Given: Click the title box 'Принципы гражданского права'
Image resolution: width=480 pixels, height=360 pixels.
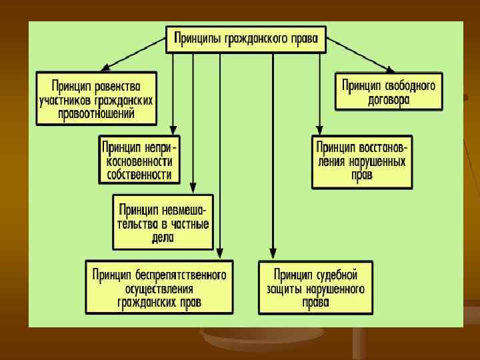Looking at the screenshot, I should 246,39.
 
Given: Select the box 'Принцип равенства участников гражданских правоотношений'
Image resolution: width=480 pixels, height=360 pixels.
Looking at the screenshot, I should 97,99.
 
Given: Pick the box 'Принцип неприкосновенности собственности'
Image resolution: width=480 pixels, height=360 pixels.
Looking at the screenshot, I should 139,160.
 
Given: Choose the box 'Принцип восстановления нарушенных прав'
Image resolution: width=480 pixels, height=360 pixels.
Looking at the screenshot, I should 362,161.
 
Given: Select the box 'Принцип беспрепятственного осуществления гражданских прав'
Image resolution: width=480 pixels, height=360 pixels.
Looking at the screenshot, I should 159,287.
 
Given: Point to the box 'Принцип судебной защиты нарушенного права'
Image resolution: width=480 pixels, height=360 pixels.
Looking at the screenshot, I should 315,287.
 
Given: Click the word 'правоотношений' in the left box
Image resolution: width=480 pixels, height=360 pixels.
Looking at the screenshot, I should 97,114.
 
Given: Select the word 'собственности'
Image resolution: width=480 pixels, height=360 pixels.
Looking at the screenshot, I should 139,175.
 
